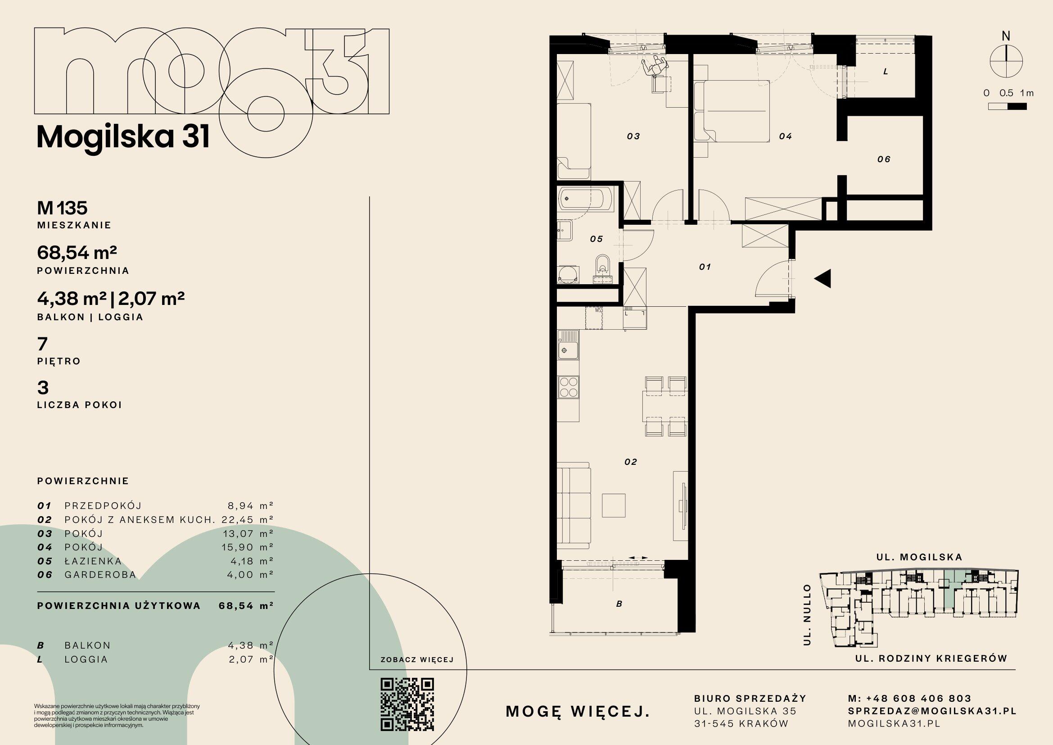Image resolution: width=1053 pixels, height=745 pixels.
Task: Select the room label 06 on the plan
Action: point(883,159)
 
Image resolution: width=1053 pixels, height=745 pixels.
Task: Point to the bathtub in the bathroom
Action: point(586,199)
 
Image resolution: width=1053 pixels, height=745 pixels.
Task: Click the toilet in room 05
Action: point(602,272)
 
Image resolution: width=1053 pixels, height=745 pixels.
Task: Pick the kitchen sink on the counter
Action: point(568,345)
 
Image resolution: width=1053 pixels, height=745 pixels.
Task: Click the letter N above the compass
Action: point(1006,36)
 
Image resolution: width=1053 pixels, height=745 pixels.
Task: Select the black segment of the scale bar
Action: point(1017,106)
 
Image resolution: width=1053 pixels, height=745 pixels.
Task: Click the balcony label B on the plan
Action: point(619,604)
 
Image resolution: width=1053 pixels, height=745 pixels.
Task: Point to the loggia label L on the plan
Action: point(886,72)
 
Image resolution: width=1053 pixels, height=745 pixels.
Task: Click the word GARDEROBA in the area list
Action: point(100,574)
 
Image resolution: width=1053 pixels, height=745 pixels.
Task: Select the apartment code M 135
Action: point(63,208)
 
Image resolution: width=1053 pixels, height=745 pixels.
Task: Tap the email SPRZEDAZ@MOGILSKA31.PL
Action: point(932,711)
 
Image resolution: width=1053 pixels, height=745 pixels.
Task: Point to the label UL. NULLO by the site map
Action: point(808,615)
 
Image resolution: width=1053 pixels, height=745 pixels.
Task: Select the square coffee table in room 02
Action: point(614,504)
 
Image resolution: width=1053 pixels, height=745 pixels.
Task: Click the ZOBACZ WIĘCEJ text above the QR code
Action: point(417,660)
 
